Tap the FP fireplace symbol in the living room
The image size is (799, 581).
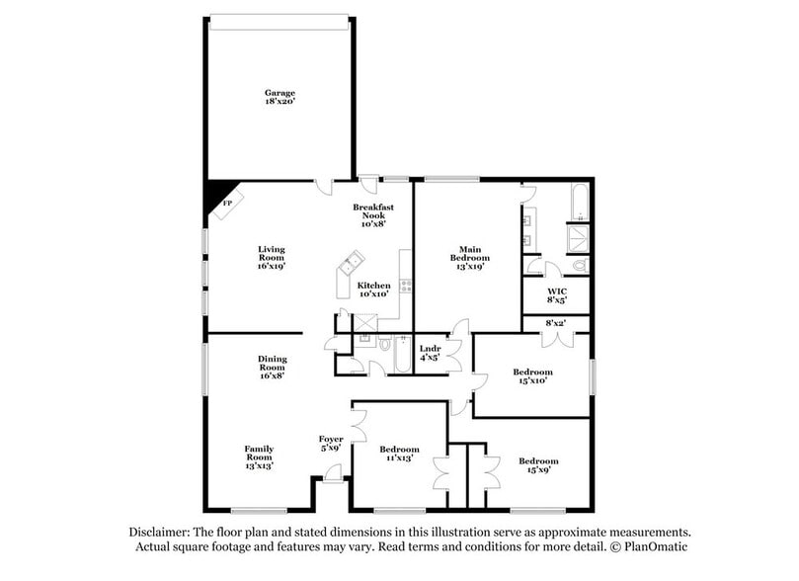[x=226, y=202]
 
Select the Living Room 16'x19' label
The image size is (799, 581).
[x=272, y=256]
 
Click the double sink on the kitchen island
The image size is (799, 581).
[x=351, y=264]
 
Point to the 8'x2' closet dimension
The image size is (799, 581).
[x=556, y=323]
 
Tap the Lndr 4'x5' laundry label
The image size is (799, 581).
[x=430, y=354]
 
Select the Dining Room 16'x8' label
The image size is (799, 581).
[x=273, y=366]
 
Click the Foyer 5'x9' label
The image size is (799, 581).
[x=330, y=443]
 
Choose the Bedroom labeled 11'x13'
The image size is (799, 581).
[x=400, y=454]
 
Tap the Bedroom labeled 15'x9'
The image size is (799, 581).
[x=538, y=466]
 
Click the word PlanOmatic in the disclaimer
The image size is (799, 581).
[x=653, y=546]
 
